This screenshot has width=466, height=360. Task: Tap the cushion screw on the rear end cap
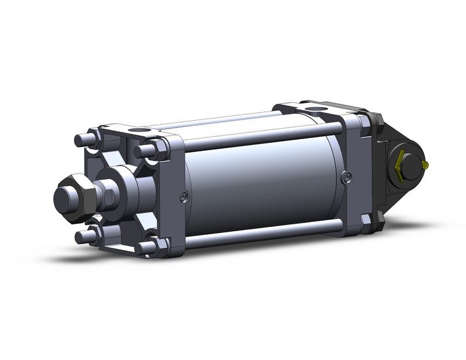click(348, 177)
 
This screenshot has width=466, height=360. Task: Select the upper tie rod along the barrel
click(258, 136)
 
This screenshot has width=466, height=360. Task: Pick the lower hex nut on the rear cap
click(366, 220)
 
